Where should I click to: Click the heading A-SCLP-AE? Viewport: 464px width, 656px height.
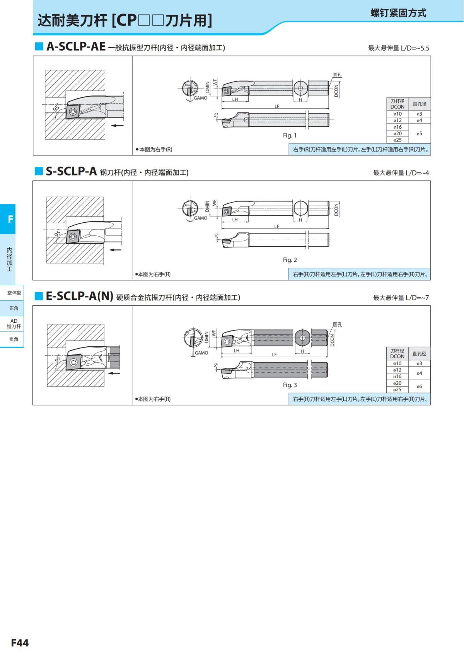click(76, 47)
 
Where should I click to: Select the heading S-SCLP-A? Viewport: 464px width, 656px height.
click(71, 171)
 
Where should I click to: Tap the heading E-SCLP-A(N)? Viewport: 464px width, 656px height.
click(79, 296)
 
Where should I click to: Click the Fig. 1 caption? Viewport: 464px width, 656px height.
click(290, 135)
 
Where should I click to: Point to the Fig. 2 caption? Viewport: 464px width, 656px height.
click(290, 260)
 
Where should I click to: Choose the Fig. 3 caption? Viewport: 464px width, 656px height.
click(290, 385)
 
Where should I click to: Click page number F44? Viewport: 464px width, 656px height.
click(20, 642)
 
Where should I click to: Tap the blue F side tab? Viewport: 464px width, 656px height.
click(10, 219)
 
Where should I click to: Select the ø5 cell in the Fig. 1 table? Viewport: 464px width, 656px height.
click(419, 133)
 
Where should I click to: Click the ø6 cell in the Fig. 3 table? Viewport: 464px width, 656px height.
click(419, 386)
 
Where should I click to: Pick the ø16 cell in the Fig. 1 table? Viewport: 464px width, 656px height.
click(397, 127)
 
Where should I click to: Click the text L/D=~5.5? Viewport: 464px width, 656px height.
click(415, 48)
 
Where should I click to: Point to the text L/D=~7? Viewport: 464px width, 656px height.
click(417, 298)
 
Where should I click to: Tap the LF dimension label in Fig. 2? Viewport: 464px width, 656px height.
click(276, 227)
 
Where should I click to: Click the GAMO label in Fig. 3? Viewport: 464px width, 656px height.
click(201, 353)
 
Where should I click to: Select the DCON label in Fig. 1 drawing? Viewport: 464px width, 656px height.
click(336, 91)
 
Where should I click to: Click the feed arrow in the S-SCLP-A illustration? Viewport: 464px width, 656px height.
click(115, 250)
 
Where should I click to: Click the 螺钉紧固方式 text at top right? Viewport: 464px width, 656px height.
click(398, 13)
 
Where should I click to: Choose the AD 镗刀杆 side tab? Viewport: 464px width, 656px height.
click(14, 324)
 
